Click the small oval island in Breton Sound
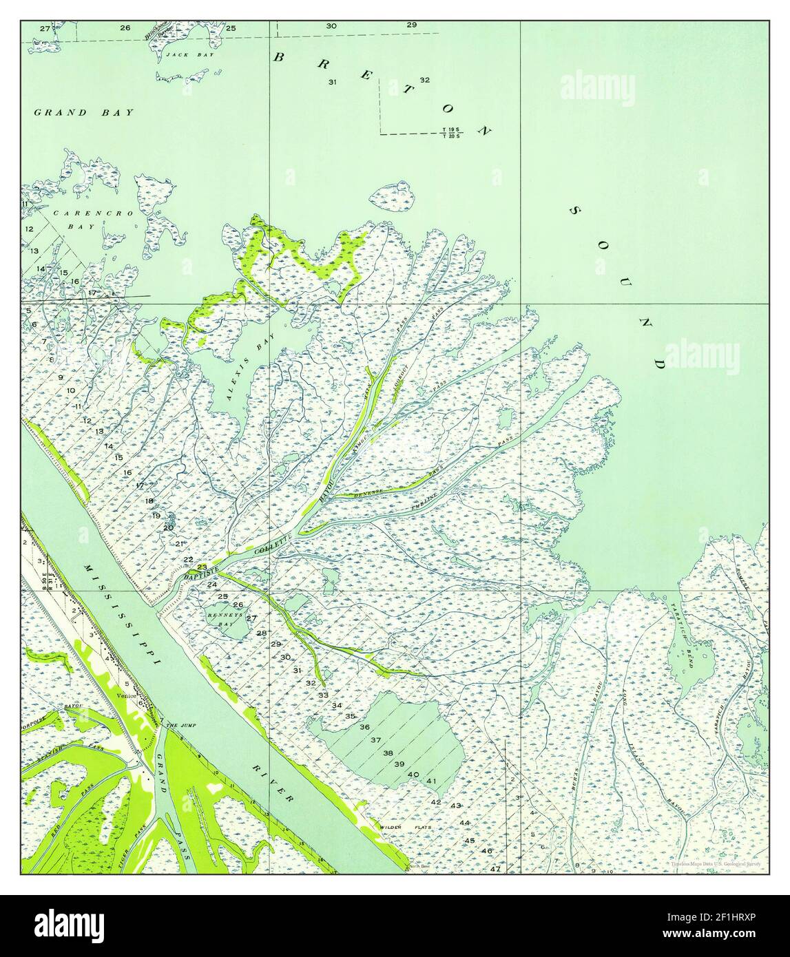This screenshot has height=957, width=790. (x=392, y=198)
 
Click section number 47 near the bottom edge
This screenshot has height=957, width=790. (x=495, y=869)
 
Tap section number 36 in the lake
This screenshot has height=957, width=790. (x=365, y=728)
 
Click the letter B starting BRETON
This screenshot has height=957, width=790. (x=280, y=57)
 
